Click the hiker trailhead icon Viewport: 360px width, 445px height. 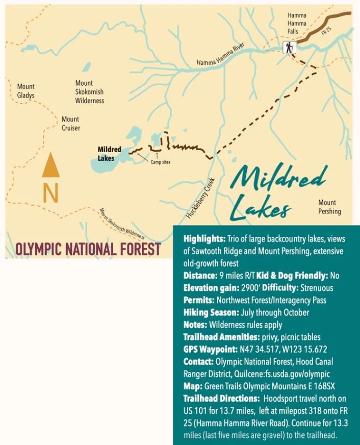[289, 48]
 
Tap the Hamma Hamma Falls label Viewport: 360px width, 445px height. [297, 23]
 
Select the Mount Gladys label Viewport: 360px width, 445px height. [26, 91]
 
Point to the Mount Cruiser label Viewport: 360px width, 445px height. [70, 123]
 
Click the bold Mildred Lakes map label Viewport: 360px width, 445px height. [109, 154]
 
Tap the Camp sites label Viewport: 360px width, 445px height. [160, 162]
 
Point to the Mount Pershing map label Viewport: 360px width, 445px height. [329, 207]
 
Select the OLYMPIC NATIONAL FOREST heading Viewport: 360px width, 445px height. [88, 249]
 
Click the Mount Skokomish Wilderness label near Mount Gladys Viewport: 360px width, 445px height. [89, 92]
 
